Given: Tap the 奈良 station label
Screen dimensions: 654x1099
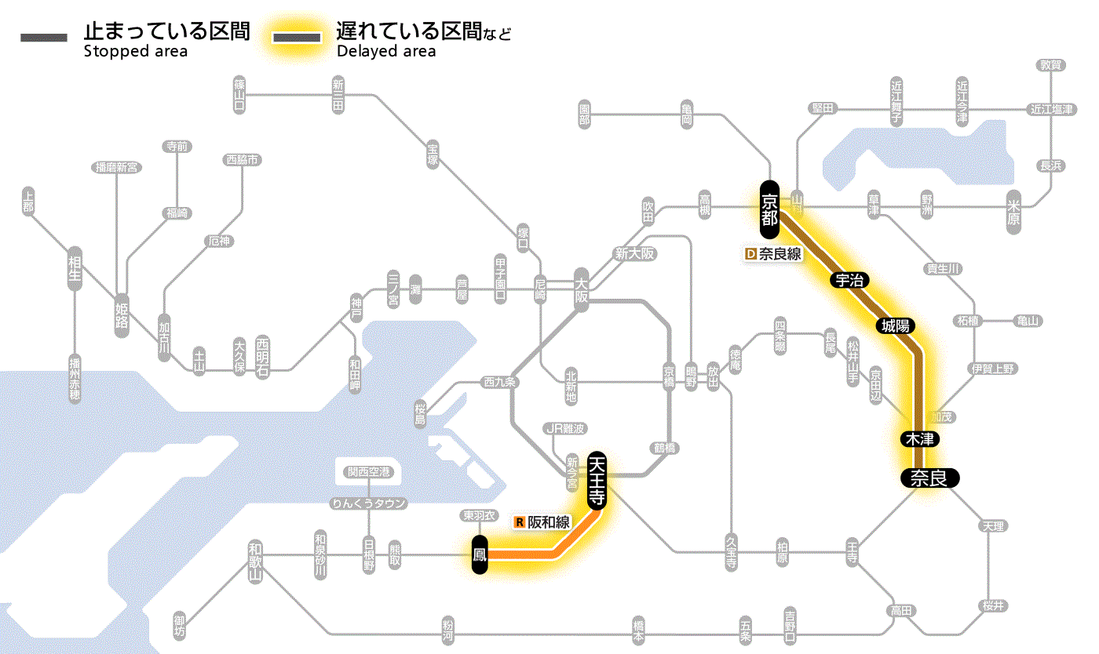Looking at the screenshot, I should (929, 478).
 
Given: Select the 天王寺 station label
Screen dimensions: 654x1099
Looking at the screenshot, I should (597, 481).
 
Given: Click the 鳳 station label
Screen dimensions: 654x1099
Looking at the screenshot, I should (480, 555).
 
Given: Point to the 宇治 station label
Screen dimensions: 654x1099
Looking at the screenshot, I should (849, 280).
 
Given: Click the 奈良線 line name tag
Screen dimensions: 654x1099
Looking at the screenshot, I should (780, 254).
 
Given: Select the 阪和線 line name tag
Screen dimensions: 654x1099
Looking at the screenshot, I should (549, 522).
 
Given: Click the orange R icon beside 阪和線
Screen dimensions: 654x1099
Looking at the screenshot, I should (519, 522).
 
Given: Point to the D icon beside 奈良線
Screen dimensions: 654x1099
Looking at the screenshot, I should (750, 254).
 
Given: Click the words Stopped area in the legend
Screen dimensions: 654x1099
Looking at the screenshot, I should (136, 52).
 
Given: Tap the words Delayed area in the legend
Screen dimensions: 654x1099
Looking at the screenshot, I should (386, 52).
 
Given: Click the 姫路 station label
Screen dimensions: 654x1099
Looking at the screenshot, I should (122, 316).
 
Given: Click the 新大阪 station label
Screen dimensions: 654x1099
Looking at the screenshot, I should (634, 254).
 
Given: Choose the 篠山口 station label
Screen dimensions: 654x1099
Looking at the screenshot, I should (239, 94).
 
